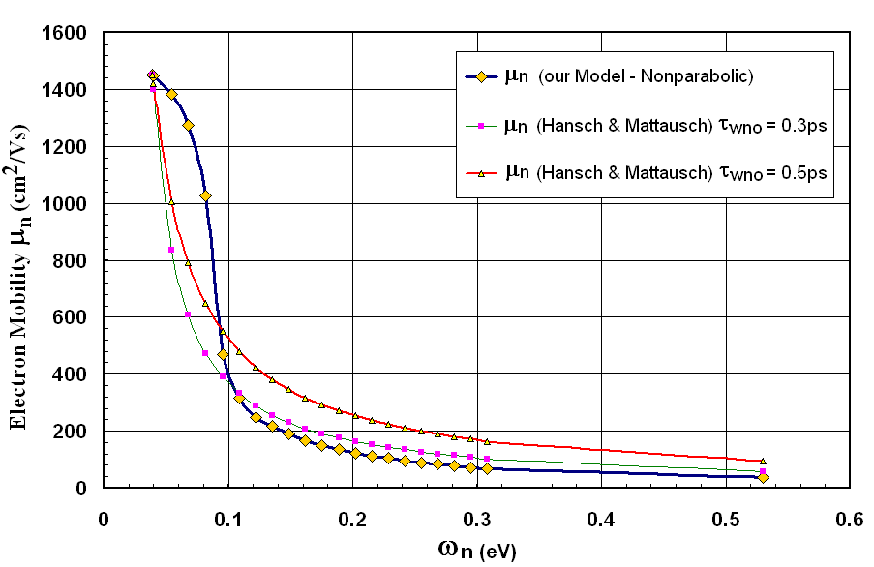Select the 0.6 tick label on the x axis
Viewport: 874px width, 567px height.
849,518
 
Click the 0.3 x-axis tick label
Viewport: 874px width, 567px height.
476,518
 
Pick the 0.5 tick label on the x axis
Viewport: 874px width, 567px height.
725,518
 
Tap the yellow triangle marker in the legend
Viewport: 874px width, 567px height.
481,172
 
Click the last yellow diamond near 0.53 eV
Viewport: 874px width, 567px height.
763,477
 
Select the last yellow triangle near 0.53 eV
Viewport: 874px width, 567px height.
763,462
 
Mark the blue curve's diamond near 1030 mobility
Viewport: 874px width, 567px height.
205,195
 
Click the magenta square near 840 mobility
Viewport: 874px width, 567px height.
171,250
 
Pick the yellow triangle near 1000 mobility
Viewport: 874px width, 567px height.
171,202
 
